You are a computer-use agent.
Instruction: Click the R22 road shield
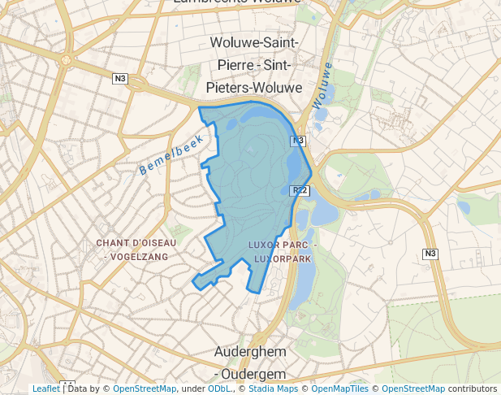coord(300,190)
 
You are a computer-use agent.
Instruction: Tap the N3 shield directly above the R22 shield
coord(298,141)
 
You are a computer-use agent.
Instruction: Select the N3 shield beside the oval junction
coord(120,78)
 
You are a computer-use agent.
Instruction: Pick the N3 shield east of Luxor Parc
coord(430,254)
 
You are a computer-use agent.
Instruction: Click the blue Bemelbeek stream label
coord(171,154)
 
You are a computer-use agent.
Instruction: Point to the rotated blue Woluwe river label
coord(322,85)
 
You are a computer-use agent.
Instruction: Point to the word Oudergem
coord(258,374)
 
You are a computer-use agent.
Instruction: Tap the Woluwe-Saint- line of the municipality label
coord(253,42)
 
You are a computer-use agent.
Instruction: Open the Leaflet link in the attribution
coord(46,388)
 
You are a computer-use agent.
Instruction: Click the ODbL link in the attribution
coord(218,388)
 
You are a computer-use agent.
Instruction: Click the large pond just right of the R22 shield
coord(326,213)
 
